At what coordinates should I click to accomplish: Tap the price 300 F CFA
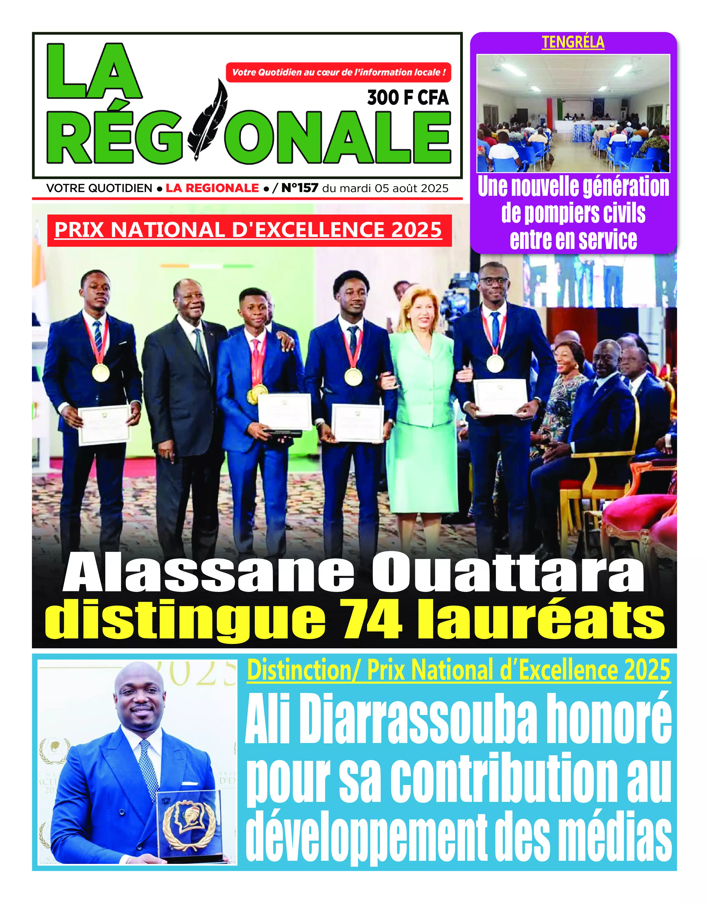click(x=408, y=98)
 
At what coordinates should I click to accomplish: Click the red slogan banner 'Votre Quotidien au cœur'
click(x=338, y=72)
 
